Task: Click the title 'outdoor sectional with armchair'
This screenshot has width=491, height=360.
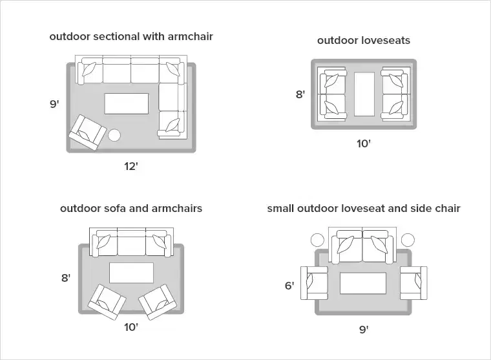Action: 131,37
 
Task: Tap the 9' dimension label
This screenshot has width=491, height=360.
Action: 54,103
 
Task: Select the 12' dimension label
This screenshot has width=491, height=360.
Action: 131,167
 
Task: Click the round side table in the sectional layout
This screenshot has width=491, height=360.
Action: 114,135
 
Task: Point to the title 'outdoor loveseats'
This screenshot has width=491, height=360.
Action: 363,41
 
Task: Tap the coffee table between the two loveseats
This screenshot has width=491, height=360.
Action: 364,94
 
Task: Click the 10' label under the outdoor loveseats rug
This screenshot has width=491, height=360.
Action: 364,143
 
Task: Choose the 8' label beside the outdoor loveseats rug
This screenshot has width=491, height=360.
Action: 300,94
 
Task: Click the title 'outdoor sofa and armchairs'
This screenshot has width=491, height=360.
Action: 131,208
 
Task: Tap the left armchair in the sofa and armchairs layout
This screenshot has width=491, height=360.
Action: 107,301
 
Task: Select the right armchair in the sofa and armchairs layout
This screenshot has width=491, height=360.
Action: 156,301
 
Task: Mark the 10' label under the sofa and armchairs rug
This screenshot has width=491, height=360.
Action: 131,327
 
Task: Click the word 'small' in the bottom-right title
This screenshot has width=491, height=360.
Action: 281,208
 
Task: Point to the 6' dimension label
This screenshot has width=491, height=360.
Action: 289,285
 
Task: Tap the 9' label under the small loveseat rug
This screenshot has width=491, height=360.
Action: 364,330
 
